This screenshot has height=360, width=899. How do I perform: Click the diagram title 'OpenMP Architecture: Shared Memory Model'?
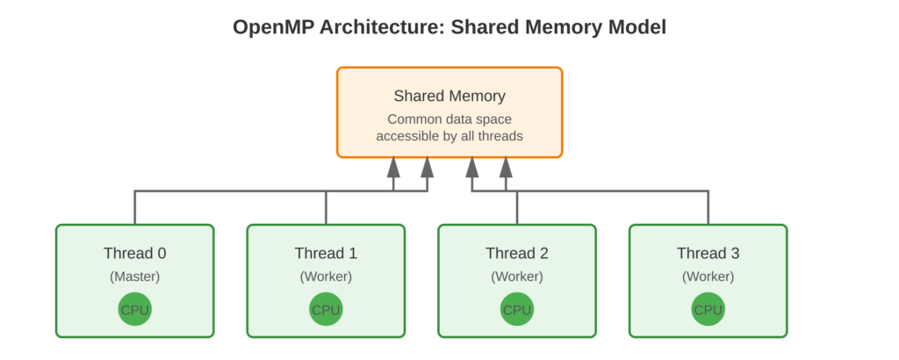449,27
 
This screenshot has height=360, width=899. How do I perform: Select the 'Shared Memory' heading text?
449,96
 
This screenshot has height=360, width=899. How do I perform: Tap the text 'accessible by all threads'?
449,136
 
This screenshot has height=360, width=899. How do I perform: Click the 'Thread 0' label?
134,254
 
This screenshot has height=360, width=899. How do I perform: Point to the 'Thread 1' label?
326,254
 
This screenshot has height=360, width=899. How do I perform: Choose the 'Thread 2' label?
517,254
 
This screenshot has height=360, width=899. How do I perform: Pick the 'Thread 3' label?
708,254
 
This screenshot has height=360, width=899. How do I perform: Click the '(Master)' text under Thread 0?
134,277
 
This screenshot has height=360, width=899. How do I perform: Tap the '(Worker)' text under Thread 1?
326,277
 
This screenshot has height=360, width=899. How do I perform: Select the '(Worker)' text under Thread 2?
517,277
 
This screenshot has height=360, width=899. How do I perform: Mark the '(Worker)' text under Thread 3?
708,277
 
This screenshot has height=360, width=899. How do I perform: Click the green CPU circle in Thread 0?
134,310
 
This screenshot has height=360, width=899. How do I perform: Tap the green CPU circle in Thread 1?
326,310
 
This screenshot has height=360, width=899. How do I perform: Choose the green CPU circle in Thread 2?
517,310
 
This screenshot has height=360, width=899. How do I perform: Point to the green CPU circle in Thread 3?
708,310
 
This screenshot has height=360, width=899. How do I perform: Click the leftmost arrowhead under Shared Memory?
394,166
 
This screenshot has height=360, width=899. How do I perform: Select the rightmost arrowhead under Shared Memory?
506,166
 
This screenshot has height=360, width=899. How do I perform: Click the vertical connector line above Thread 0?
134,208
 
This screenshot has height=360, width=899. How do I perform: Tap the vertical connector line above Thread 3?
708,208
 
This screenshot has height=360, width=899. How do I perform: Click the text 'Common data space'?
449,119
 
